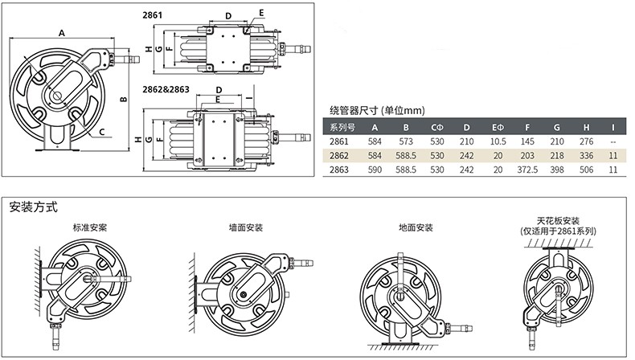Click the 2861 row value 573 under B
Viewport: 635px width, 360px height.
point(406,141)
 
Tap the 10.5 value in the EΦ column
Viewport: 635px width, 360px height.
point(498,141)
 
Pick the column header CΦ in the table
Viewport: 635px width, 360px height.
point(437,127)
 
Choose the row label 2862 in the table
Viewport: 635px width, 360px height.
point(341,156)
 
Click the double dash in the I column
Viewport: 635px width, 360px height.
point(613,141)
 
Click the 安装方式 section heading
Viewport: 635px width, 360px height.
point(33,207)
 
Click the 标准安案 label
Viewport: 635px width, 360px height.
point(90,228)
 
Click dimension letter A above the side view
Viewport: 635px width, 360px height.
point(61,33)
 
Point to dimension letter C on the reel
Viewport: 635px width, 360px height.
point(103,131)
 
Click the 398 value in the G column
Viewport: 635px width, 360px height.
point(558,170)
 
